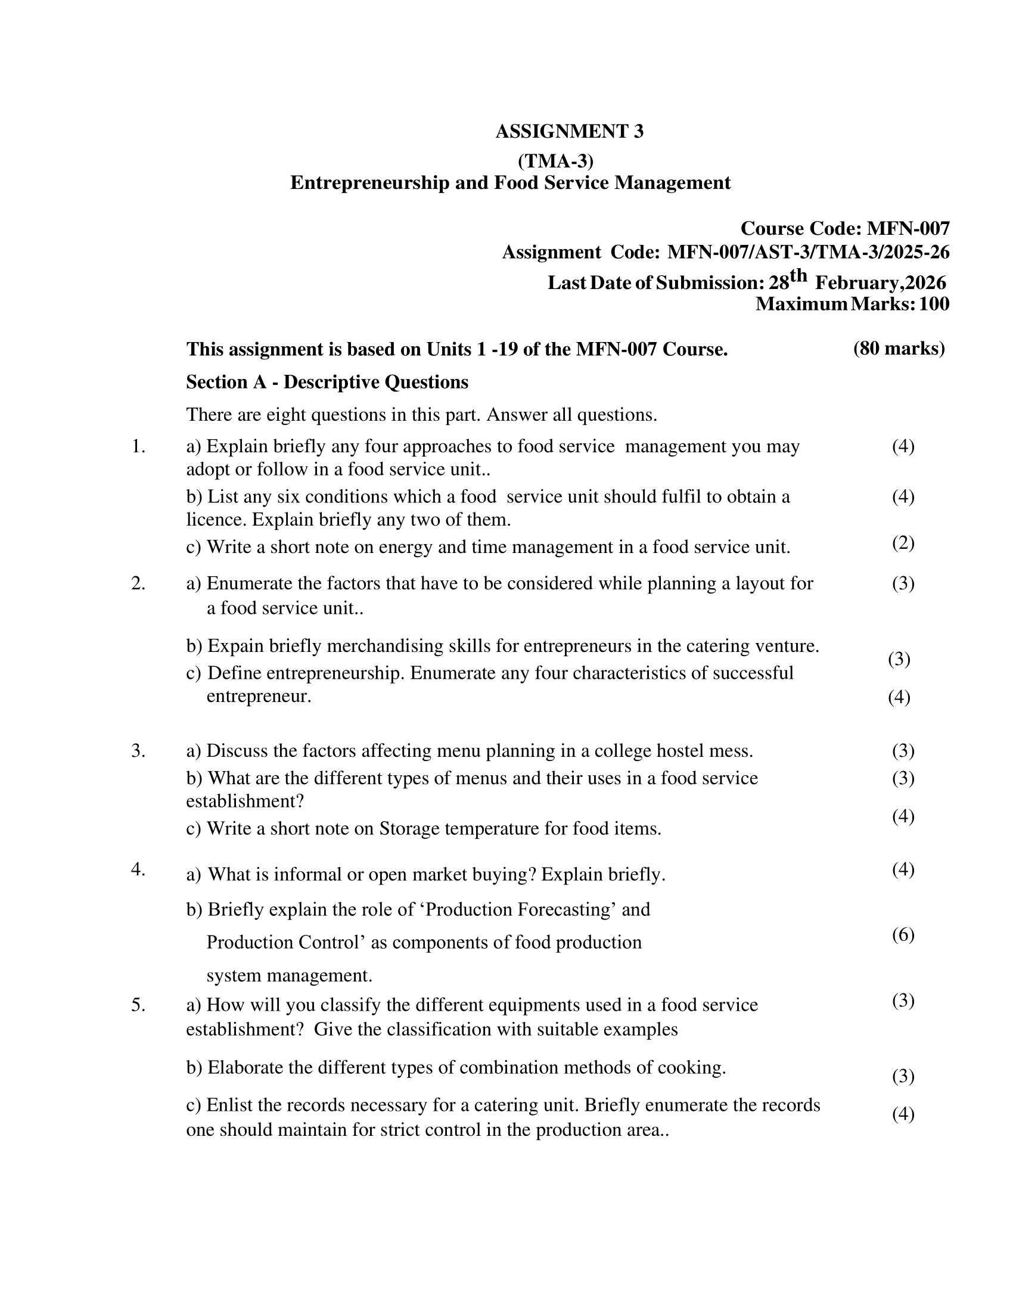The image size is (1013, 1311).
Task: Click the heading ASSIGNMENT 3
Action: coord(569,132)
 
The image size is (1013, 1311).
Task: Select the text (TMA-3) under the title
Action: coord(555,161)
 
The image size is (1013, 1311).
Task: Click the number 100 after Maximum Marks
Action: coord(934,304)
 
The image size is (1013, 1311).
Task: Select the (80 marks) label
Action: coord(899,348)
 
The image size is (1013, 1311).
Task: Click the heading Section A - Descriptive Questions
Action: coord(327,382)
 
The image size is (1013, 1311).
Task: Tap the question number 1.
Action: coord(138,446)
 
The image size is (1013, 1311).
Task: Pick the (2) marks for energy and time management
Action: coord(903,543)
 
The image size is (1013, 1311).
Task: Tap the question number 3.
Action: coord(138,750)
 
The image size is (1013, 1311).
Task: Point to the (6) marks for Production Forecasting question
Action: coord(903,934)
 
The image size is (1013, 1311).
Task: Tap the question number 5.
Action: coord(138,1004)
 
